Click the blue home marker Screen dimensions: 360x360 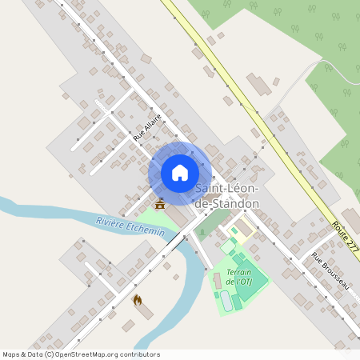180,173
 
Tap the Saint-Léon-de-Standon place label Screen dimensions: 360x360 228,196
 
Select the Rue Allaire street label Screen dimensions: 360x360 148,128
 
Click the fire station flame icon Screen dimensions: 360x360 137,300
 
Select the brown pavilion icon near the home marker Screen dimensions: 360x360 160,205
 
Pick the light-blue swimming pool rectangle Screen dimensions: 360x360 226,301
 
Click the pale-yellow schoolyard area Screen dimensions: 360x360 243,229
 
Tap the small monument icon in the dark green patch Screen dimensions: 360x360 203,233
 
